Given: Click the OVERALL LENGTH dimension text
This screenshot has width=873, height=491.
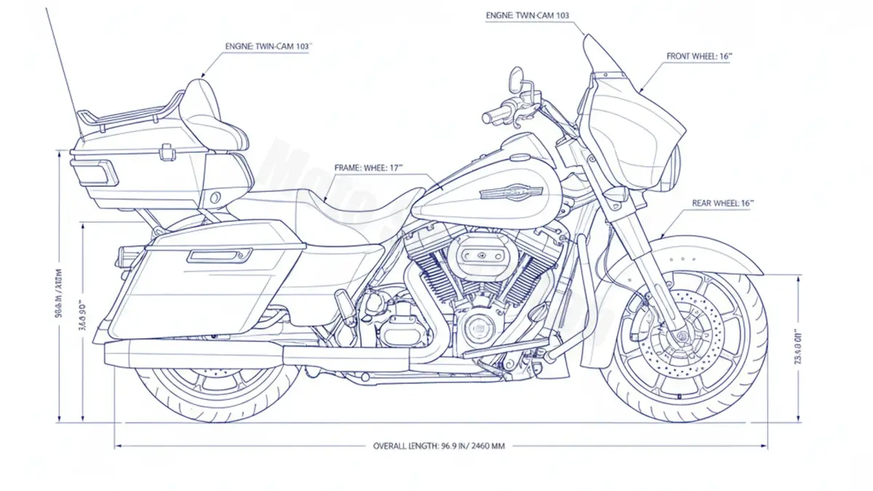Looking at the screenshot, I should click(438, 446).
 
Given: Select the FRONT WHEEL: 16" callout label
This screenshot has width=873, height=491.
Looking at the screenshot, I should click(698, 56).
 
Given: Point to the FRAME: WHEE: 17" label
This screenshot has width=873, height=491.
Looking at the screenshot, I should click(368, 167).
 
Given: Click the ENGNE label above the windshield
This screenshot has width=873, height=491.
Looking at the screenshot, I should click(527, 15).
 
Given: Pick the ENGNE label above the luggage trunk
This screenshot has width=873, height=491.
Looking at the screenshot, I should click(268, 45).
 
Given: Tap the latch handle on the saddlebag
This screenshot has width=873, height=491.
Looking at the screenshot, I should click(218, 255).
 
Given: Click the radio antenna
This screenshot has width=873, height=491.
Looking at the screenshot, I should click(63, 65).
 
